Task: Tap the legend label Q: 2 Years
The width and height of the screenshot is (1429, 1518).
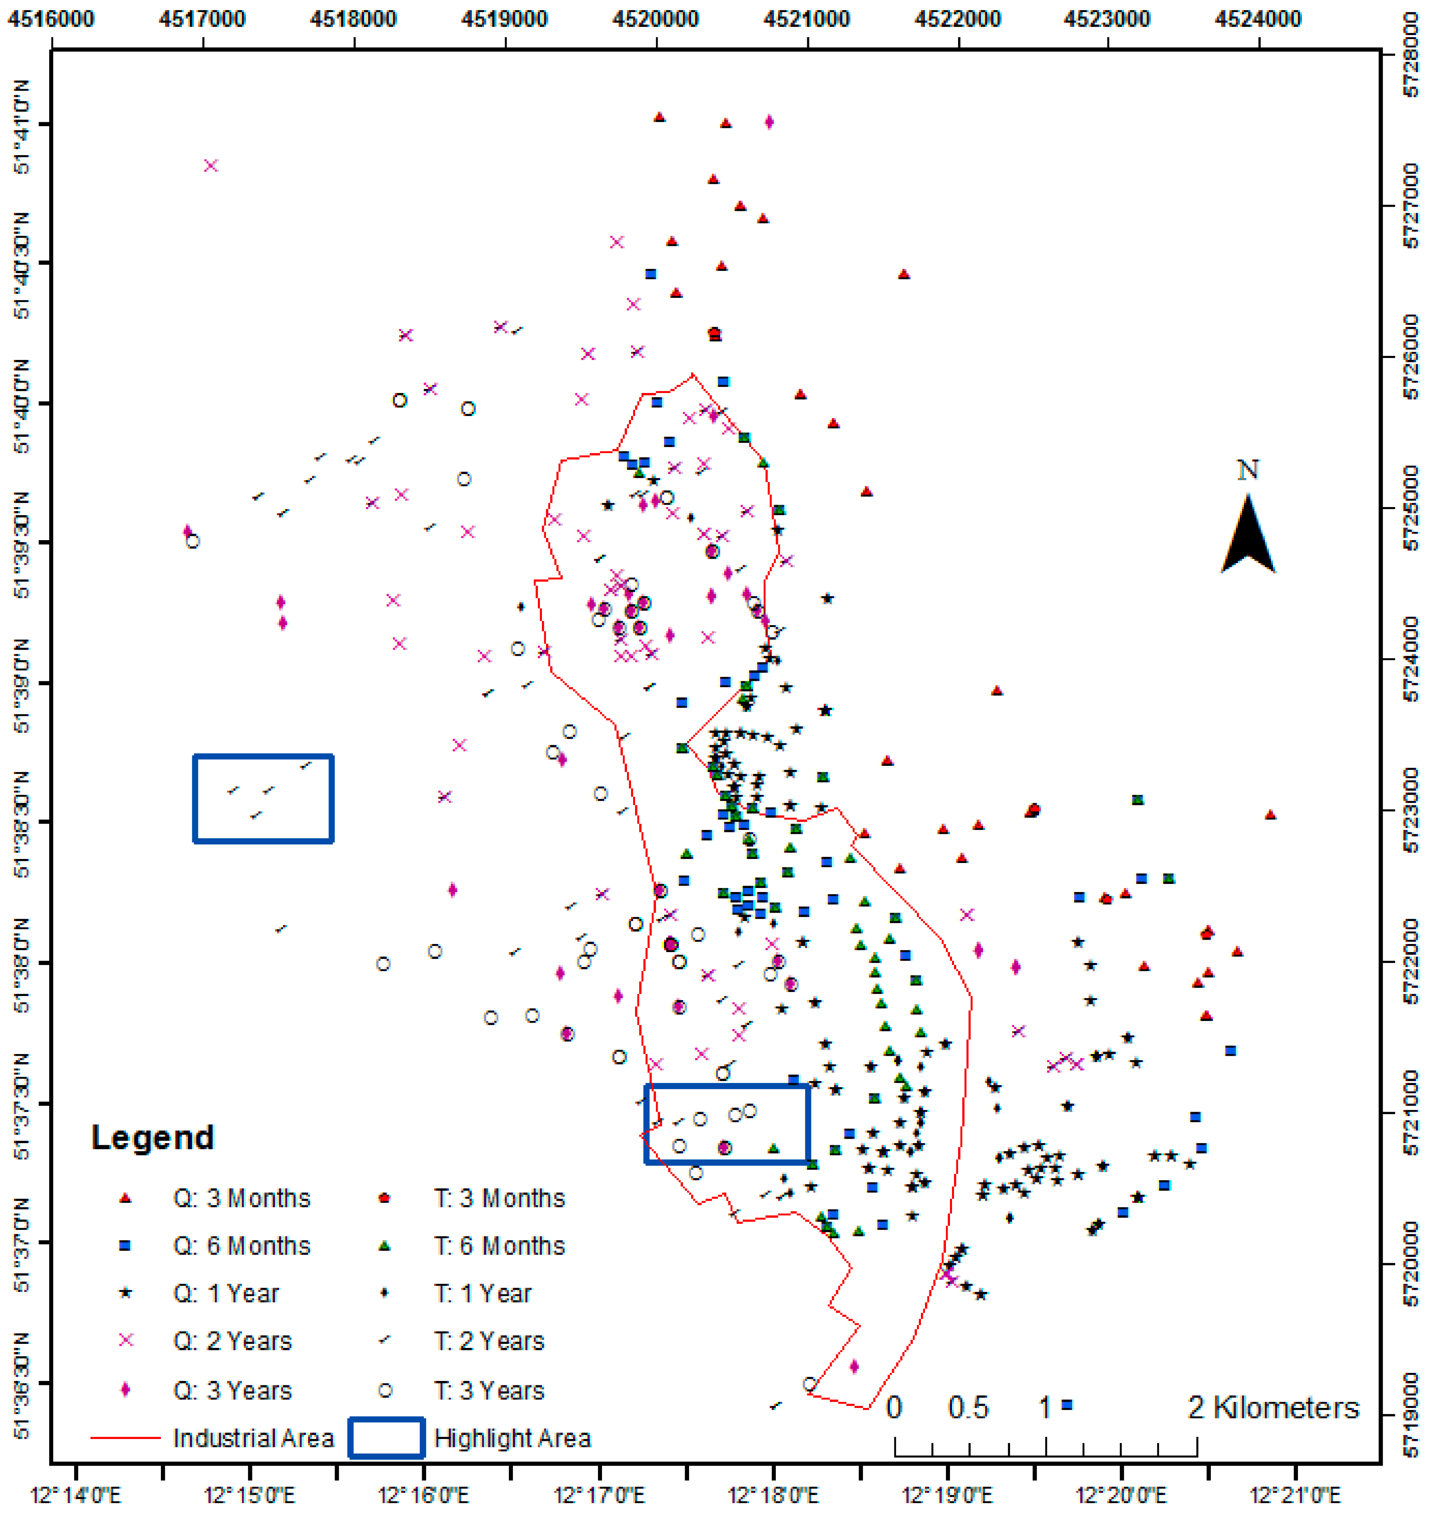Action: pos(232,1341)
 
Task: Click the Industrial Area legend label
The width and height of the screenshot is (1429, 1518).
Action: pos(254,1438)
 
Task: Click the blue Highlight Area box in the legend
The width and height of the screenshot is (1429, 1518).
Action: pos(386,1438)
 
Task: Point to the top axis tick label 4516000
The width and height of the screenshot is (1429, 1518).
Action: pos(50,18)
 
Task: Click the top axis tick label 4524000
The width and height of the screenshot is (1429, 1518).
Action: pos(1257,18)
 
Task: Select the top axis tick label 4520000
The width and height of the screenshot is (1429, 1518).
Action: pos(655,18)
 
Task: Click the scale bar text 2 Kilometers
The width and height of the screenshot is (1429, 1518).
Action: pos(1273,1407)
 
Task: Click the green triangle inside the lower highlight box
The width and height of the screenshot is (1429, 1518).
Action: pos(774,1148)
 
